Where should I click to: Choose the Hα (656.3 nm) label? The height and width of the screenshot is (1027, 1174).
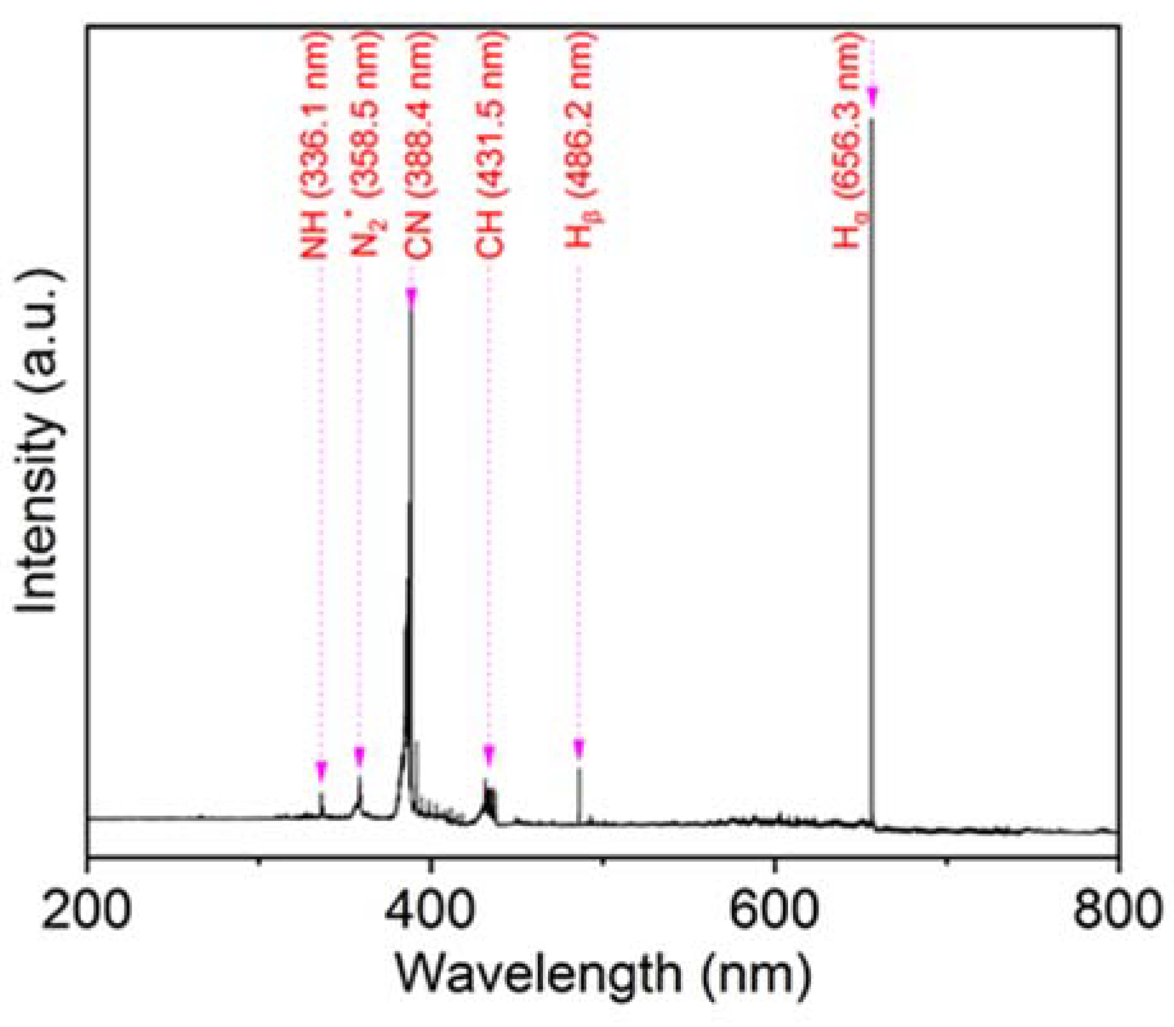tap(849, 140)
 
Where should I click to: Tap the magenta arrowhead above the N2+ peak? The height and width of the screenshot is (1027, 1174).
tap(359, 757)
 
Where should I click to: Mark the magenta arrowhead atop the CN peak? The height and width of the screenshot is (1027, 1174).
tap(412, 297)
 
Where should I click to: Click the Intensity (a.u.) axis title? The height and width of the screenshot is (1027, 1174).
tap(38, 440)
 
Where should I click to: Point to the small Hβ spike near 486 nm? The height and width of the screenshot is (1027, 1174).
tap(579, 794)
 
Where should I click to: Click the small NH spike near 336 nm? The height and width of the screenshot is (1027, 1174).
tap(321, 804)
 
